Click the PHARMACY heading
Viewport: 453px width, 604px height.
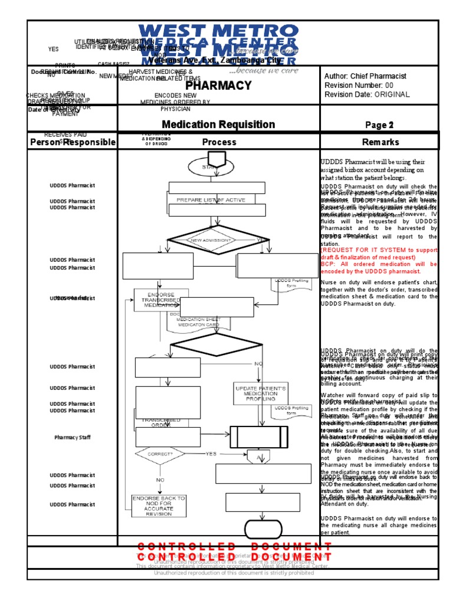coord(219,86)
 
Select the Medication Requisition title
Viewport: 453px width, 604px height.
coord(218,124)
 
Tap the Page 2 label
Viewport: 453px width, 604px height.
coord(379,125)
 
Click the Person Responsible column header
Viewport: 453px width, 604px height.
coord(73,142)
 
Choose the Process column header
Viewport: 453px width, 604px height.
coord(219,142)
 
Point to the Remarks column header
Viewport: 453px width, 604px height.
coord(380,142)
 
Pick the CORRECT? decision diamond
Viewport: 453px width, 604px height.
coord(160,454)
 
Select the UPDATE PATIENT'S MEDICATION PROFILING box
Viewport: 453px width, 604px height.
coord(260,393)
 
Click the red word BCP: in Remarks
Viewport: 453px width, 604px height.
coord(328,264)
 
